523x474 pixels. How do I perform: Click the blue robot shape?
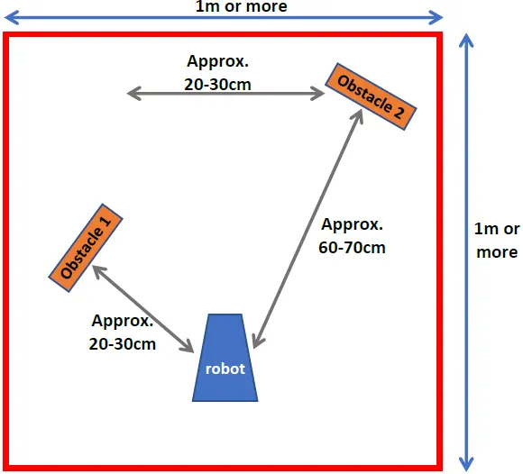(225, 358)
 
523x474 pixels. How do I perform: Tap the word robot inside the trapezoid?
(225, 369)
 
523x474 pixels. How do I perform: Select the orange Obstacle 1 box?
(86, 248)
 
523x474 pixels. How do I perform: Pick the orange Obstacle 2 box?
(371, 96)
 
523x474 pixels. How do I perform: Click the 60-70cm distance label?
(352, 248)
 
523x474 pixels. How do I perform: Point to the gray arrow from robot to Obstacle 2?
(307, 229)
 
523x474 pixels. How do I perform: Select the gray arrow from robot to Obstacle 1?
(142, 309)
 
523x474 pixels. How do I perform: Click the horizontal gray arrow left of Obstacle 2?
(225, 94)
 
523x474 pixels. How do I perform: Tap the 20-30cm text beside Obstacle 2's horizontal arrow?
(217, 85)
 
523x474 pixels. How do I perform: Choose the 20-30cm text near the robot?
(123, 344)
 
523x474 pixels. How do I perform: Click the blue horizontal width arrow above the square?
(224, 17)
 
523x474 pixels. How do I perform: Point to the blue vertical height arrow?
(466, 252)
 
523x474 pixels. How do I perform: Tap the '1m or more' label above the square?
(241, 6)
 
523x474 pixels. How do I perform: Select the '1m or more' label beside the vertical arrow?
(497, 241)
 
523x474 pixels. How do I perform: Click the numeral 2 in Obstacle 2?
(399, 112)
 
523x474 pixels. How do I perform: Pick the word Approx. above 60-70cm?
(352, 225)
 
